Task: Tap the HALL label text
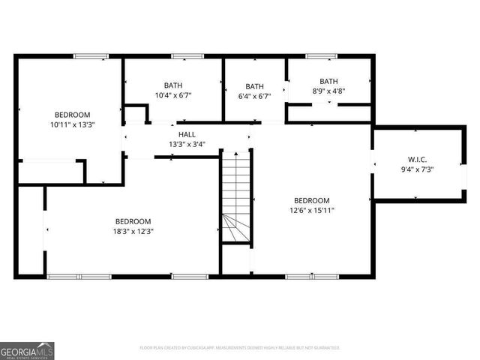(x=187, y=134)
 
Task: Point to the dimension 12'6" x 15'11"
(x=311, y=211)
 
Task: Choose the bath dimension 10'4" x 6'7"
(x=173, y=96)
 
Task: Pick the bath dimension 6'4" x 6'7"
(x=255, y=96)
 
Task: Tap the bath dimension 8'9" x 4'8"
(x=328, y=91)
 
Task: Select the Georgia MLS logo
(x=27, y=350)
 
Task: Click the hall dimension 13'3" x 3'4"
(x=187, y=144)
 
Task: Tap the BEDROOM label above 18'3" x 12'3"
(x=133, y=221)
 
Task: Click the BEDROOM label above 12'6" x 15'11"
(x=311, y=200)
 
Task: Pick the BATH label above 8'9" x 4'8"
(x=328, y=81)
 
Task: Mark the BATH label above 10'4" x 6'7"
(x=173, y=85)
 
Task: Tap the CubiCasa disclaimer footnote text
(x=240, y=348)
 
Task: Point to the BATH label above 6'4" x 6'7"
(x=255, y=86)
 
